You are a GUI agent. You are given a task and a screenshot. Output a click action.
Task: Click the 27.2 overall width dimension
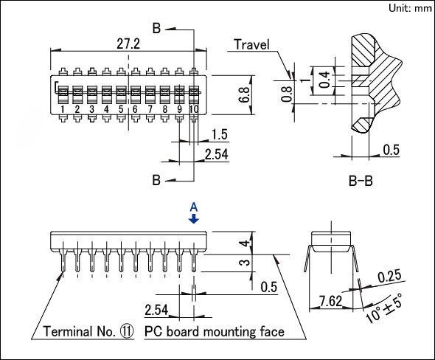(x=128, y=44)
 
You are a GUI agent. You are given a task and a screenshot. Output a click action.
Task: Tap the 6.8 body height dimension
(x=245, y=94)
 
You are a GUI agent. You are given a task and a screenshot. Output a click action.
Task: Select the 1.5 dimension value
(x=220, y=134)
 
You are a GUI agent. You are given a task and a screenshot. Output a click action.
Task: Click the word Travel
(x=251, y=44)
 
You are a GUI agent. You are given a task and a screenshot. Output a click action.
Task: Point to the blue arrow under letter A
(x=194, y=218)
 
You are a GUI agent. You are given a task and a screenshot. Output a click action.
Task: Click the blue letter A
(x=194, y=207)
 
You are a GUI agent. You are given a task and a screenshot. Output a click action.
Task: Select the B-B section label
(x=361, y=181)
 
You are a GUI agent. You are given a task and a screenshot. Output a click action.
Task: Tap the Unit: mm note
(x=410, y=8)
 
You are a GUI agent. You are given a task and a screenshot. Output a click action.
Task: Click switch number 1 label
(x=63, y=109)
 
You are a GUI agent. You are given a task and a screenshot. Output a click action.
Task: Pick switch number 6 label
(x=135, y=109)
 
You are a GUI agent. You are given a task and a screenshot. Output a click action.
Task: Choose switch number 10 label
(x=194, y=109)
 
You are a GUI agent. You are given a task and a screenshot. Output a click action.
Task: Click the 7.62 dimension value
(x=330, y=301)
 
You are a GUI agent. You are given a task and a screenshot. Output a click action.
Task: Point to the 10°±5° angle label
(x=384, y=308)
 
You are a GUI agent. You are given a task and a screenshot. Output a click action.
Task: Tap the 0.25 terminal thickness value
(x=389, y=276)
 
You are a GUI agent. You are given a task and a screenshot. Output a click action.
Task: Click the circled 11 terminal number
(x=127, y=331)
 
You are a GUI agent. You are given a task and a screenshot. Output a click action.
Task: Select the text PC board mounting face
(x=215, y=332)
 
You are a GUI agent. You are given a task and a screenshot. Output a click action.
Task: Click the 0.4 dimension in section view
(x=324, y=80)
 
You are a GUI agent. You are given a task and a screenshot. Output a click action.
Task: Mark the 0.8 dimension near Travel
(x=287, y=94)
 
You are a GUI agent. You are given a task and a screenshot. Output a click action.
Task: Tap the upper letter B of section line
(x=156, y=28)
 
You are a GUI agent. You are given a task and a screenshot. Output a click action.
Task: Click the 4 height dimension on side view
(x=245, y=243)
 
